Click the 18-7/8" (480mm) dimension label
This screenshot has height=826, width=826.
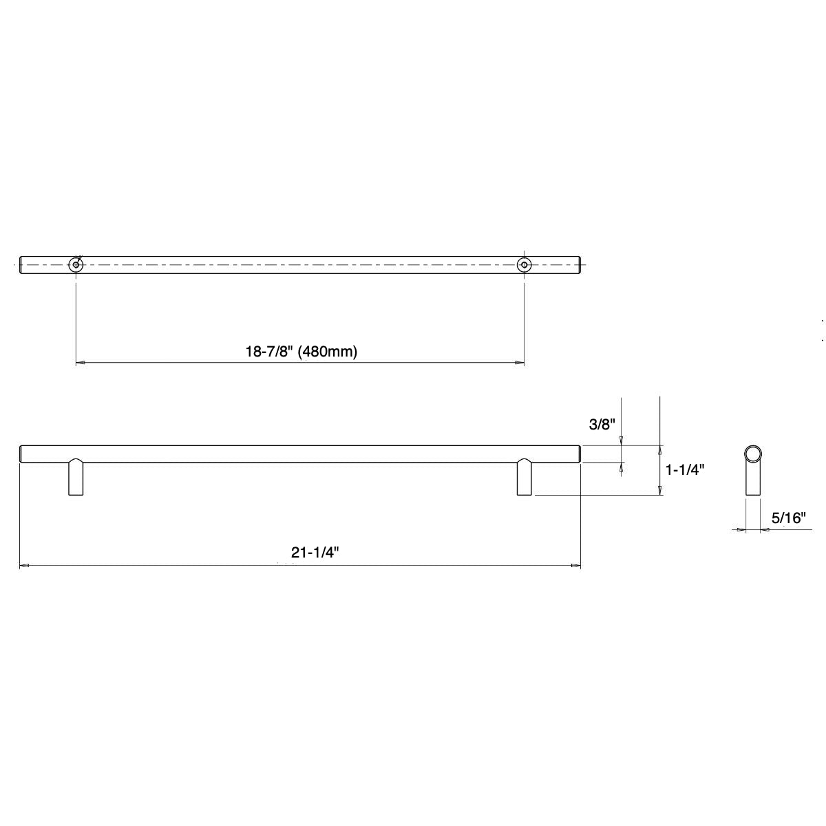[301, 351]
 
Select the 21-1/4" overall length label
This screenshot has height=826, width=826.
[317, 552]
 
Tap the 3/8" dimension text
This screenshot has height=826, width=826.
[601, 424]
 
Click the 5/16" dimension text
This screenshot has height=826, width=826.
[788, 518]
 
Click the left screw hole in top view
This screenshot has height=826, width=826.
[75, 264]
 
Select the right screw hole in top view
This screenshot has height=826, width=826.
[525, 264]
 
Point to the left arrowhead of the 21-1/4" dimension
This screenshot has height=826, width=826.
[24, 566]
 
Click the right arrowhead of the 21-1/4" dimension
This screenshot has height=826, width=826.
[576, 566]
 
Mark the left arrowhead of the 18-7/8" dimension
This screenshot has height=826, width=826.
[80, 362]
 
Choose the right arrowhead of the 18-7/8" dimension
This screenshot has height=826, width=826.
[520, 362]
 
